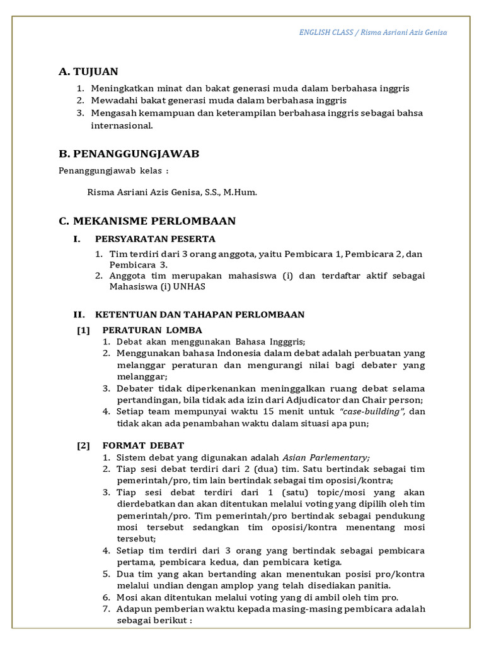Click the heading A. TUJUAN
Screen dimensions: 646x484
(x=88, y=71)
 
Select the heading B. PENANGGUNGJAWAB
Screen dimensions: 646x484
(x=129, y=154)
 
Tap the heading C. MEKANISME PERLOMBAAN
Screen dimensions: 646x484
(x=147, y=221)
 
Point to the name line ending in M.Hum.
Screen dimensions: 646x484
(x=172, y=192)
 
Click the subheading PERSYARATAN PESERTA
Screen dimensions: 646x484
(x=155, y=238)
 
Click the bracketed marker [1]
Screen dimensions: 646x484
(x=84, y=330)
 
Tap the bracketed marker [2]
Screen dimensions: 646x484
(x=84, y=445)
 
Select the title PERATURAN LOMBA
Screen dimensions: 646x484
(x=153, y=330)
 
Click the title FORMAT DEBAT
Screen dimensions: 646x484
(x=143, y=445)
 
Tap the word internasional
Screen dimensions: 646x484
(x=122, y=125)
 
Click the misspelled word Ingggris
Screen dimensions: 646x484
(x=283, y=341)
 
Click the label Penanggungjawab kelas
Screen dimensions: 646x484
(x=113, y=170)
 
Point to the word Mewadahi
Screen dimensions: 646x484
(x=113, y=100)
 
